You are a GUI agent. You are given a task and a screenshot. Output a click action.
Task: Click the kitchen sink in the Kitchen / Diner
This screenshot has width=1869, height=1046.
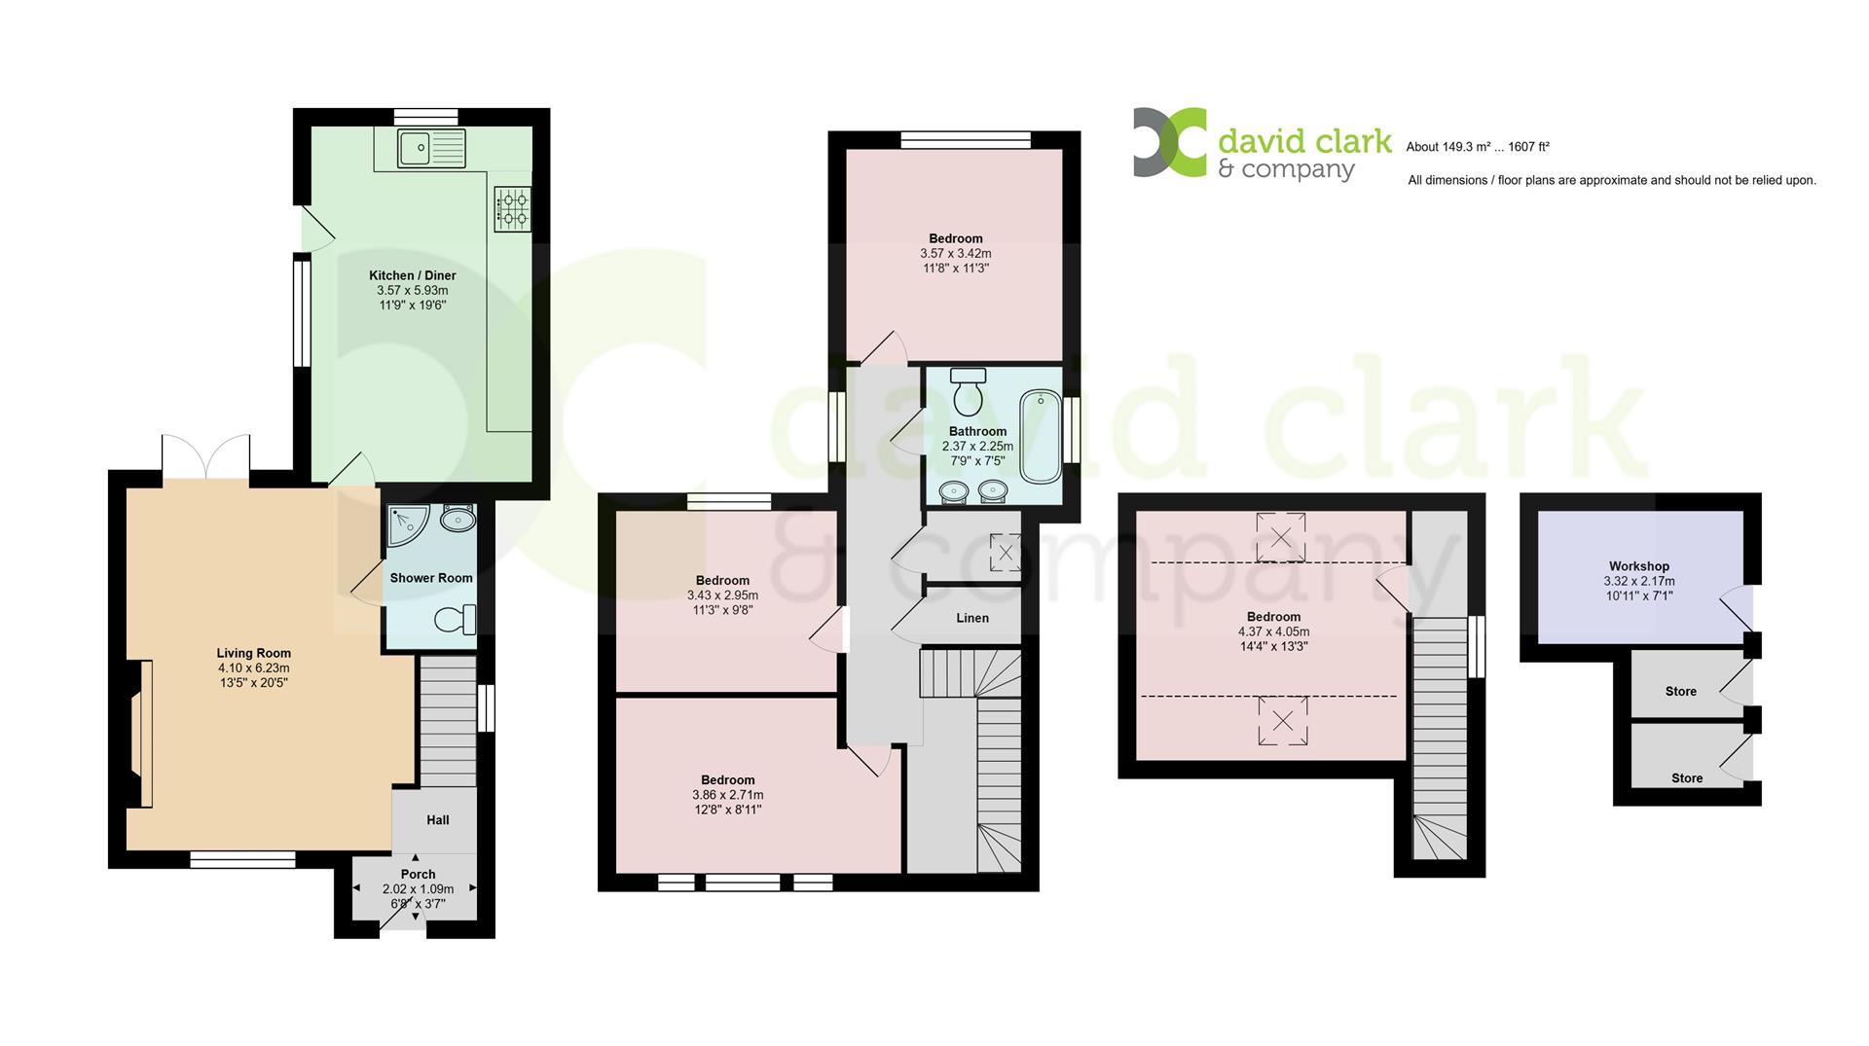point(432,148)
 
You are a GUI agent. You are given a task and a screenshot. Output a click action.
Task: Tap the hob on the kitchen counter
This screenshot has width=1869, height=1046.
point(513,208)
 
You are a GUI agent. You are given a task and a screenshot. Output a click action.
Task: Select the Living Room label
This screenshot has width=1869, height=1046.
point(254,653)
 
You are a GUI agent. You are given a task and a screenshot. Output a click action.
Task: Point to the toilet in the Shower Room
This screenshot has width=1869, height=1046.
point(456,619)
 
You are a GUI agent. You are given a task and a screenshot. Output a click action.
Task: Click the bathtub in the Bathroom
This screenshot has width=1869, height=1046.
point(1041,436)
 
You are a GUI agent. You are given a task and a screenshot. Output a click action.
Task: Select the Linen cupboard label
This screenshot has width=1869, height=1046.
point(972,618)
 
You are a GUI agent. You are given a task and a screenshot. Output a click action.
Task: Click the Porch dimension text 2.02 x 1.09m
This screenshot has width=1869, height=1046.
point(419,889)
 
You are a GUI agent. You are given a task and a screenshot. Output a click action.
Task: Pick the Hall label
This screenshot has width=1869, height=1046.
point(438,820)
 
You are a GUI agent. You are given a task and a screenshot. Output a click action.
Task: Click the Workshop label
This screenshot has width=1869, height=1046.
point(1639,566)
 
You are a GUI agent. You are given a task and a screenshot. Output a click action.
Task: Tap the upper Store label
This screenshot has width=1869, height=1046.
point(1681,692)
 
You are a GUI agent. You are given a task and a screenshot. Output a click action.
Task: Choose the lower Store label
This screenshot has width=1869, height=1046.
point(1687,778)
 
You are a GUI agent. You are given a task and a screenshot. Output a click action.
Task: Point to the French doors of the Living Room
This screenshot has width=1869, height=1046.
point(206,455)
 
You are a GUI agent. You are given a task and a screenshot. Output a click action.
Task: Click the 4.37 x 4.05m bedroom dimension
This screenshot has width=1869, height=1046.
point(1273,631)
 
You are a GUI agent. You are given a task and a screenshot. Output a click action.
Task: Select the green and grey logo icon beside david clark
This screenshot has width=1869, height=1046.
point(1169,142)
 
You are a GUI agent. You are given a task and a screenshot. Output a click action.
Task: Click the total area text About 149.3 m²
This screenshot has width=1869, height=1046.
point(1448,148)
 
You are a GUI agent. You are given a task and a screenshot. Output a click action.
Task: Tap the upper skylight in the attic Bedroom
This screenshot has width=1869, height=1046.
point(1281,537)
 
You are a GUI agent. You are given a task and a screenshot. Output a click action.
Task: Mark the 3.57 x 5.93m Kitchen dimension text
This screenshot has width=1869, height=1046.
point(413,291)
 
